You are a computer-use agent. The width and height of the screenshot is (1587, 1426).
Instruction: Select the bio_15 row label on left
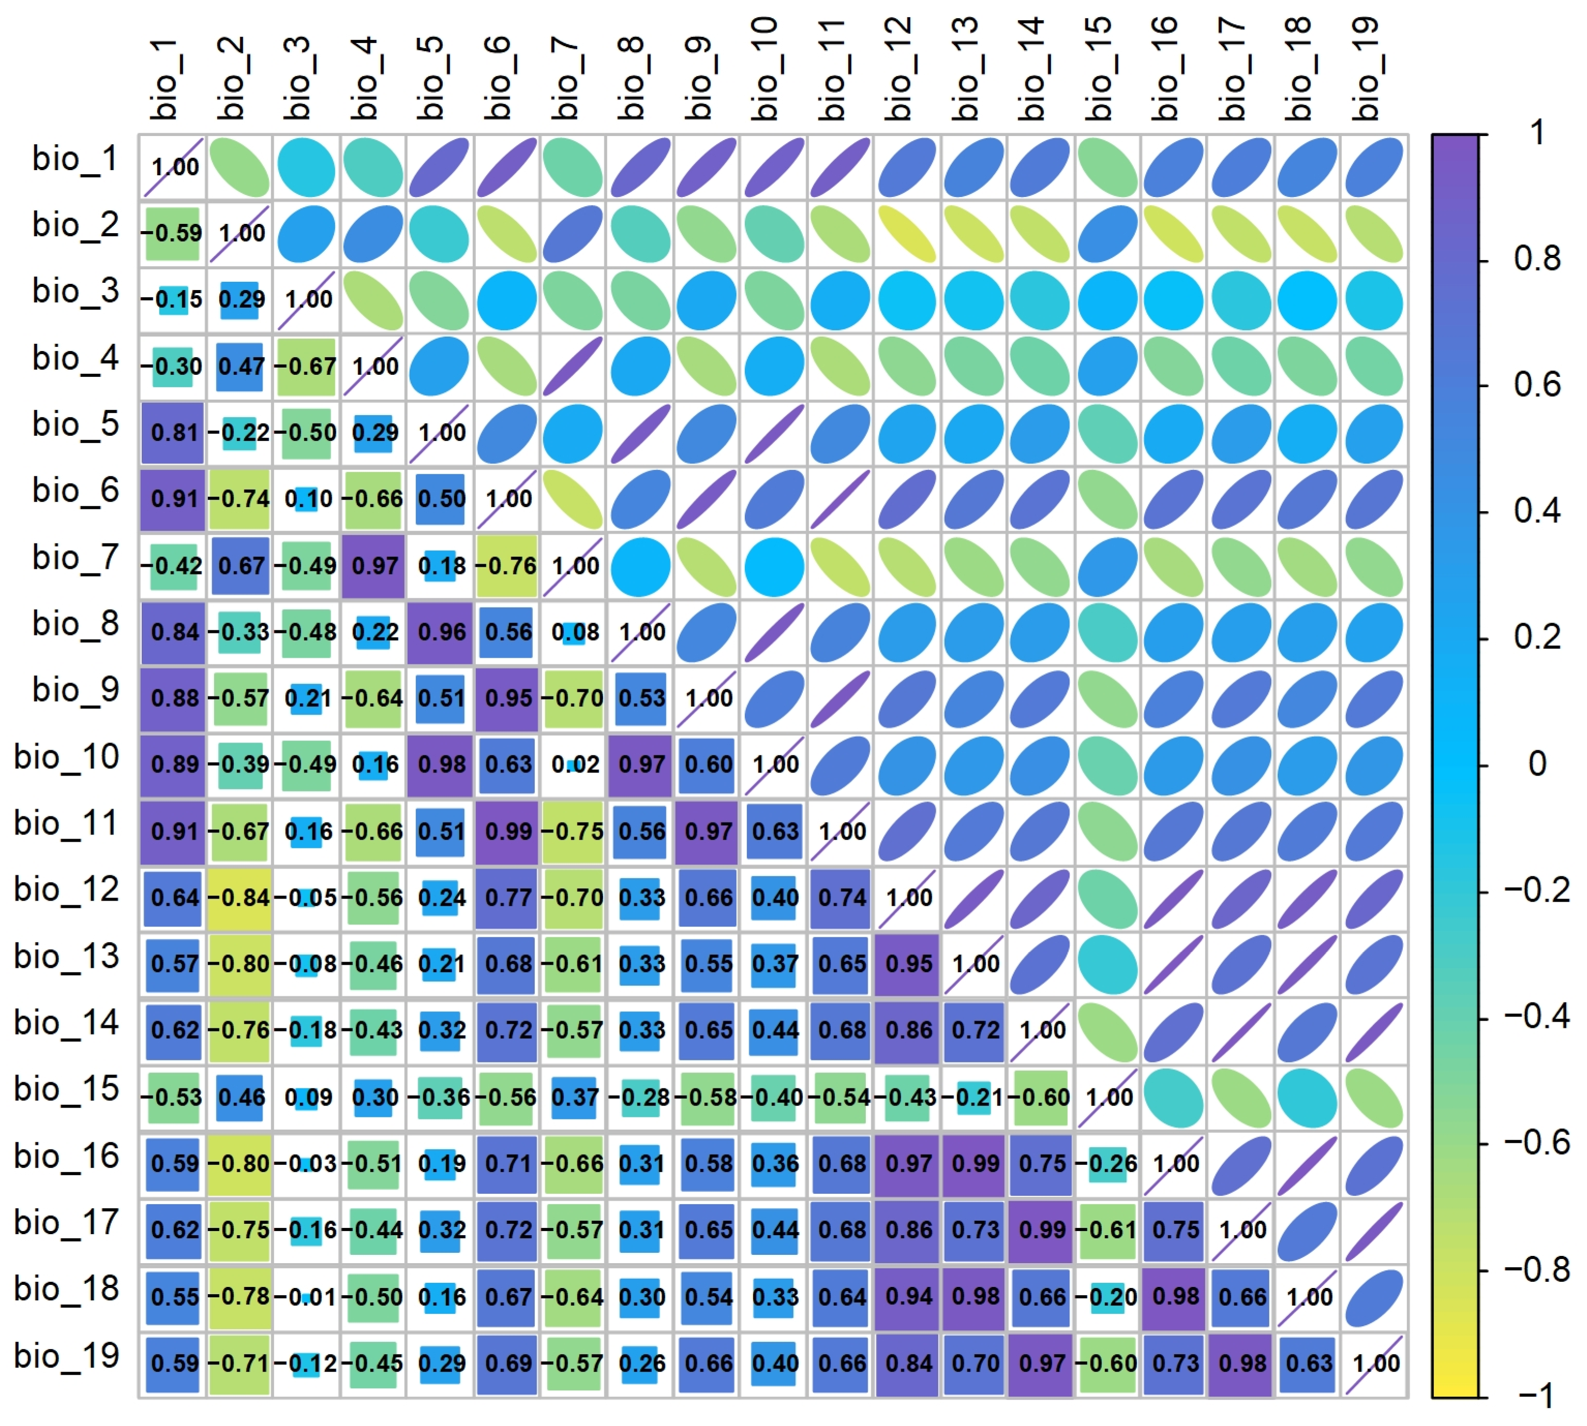coord(67,1089)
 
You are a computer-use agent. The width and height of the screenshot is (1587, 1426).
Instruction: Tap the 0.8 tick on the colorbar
coord(1536,259)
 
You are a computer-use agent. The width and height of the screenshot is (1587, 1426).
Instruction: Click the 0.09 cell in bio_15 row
coord(307,1097)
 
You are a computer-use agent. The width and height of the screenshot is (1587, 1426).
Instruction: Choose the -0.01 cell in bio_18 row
coord(307,1297)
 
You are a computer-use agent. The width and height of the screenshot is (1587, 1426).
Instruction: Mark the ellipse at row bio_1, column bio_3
coord(306,167)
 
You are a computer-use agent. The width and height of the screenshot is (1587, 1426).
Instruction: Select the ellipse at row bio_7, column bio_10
coord(774,566)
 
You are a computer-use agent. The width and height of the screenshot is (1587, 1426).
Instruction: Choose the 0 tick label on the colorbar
coord(1537,764)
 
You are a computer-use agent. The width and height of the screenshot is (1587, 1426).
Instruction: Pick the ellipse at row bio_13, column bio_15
coord(1108,964)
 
